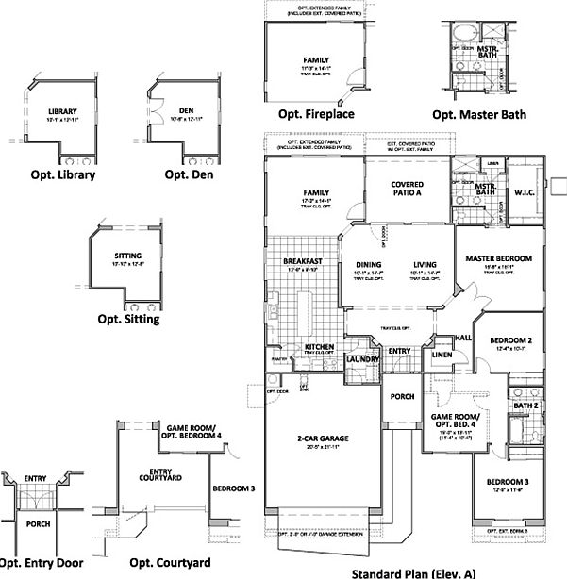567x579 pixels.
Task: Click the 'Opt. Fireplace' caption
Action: (315, 115)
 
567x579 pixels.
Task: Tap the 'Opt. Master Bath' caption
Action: (478, 115)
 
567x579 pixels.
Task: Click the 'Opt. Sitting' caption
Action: (128, 319)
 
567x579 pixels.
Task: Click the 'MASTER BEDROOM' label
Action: (500, 258)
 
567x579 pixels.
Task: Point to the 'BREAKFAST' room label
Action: (303, 261)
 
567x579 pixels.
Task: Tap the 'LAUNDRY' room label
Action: (362, 359)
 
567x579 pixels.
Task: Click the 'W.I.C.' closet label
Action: (525, 195)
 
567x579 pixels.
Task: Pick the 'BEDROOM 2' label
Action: (510, 339)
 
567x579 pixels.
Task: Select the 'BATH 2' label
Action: (526, 405)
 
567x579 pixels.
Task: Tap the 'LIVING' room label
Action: (426, 265)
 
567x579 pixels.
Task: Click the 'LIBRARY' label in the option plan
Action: (62, 112)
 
